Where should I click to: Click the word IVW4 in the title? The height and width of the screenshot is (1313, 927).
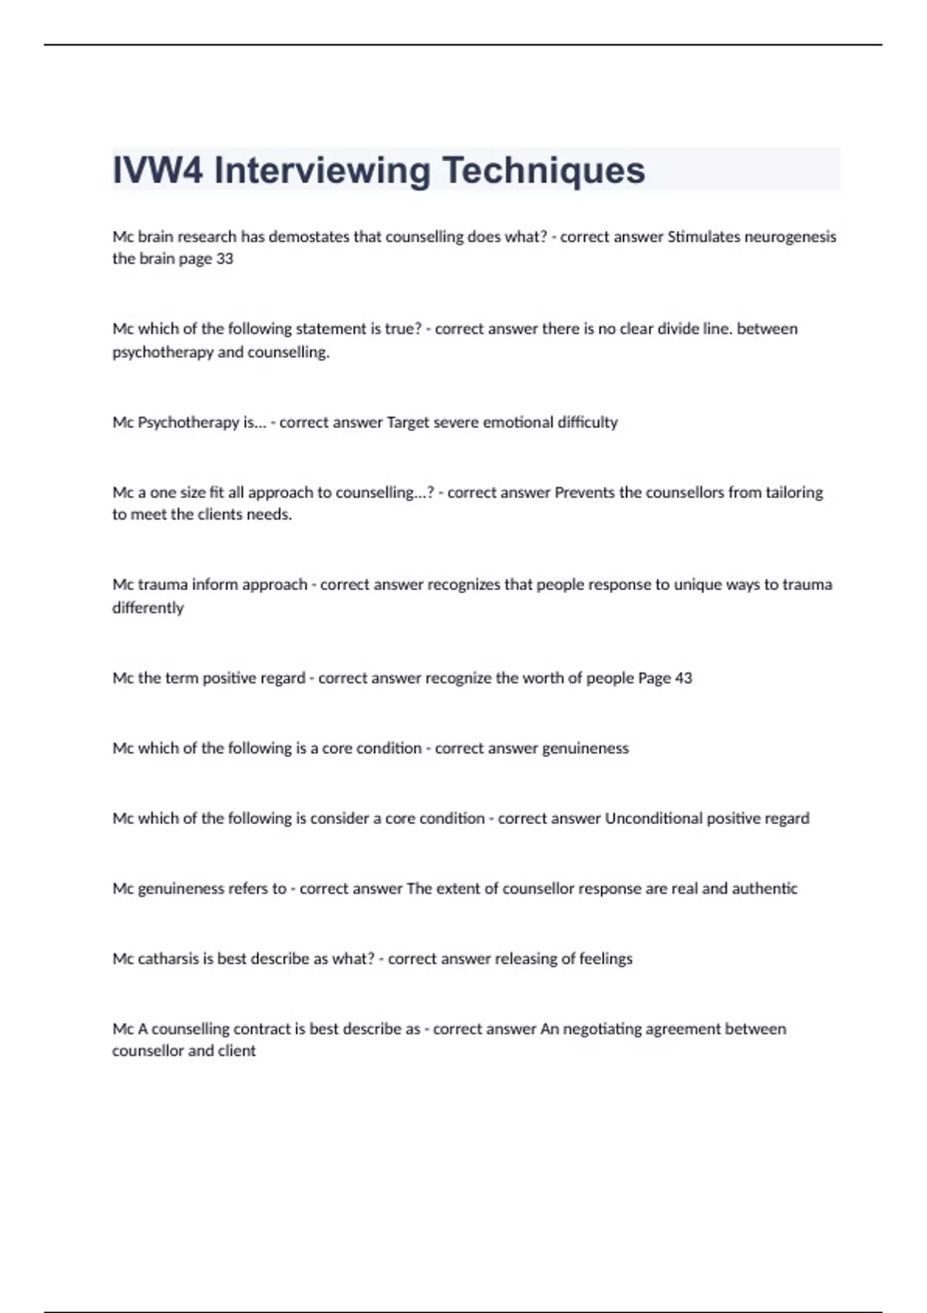point(158,171)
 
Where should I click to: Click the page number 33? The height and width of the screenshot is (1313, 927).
point(224,259)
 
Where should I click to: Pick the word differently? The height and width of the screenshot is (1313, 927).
point(148,608)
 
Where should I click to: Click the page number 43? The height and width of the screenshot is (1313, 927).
point(683,678)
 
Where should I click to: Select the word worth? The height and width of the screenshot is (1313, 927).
point(544,678)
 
